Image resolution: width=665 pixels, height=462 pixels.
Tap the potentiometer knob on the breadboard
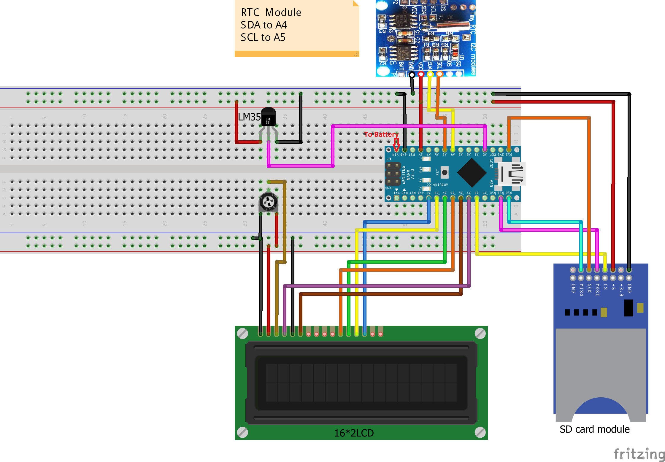click(268, 202)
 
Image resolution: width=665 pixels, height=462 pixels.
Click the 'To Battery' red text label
click(381, 134)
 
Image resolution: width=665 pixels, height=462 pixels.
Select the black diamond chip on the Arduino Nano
click(472, 173)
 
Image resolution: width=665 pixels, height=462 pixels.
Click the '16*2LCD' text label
click(354, 433)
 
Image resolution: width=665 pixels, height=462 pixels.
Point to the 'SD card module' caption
click(594, 429)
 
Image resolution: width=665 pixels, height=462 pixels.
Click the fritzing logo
click(639, 454)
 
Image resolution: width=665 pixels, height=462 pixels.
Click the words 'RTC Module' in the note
click(271, 12)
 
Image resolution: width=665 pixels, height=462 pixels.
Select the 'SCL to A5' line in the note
click(263, 37)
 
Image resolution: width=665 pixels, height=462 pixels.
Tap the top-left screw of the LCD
click(242, 334)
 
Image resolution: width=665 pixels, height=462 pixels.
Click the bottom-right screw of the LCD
click(480, 432)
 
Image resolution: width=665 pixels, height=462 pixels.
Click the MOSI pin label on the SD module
click(597, 290)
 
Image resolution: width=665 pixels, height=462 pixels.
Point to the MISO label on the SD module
click(581, 290)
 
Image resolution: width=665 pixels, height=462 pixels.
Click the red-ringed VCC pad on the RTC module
click(421, 74)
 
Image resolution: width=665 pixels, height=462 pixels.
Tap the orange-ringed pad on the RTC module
click(439, 74)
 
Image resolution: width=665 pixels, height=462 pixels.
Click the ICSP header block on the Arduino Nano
click(393, 174)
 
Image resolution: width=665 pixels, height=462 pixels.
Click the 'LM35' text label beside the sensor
click(249, 117)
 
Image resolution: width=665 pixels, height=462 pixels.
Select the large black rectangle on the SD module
click(629, 308)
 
